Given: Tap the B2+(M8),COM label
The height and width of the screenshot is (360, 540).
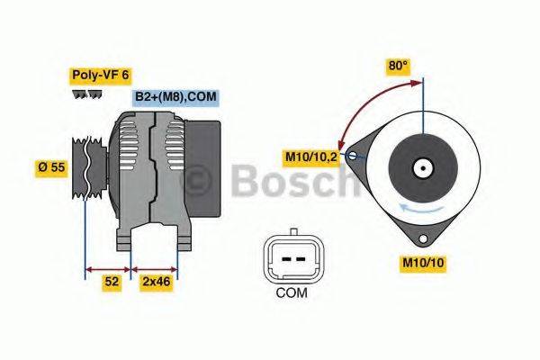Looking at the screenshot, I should pyautogui.click(x=175, y=96).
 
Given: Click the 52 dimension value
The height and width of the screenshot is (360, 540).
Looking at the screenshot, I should pyautogui.click(x=112, y=282).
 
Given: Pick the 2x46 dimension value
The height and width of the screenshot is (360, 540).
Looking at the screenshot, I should pyautogui.click(x=156, y=282).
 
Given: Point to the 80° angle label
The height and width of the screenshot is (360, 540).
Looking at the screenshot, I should pyautogui.click(x=398, y=66).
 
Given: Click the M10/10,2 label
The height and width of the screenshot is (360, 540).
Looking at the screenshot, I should pyautogui.click(x=312, y=158).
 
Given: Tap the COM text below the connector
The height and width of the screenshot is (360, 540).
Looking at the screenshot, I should pyautogui.click(x=291, y=292).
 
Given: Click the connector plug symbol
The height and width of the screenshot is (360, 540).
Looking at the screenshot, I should pyautogui.click(x=291, y=256).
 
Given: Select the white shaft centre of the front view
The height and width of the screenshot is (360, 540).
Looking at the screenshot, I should pyautogui.click(x=421, y=167).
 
